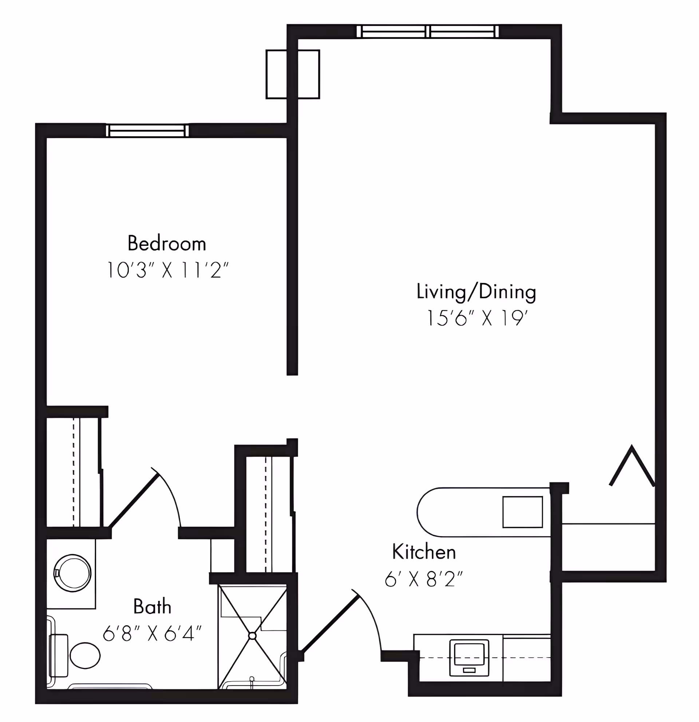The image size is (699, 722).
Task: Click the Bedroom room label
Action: [167, 243]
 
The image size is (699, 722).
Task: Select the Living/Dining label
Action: [476, 292]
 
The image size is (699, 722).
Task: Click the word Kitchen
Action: [424, 552]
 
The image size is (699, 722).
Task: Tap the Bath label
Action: [152, 606]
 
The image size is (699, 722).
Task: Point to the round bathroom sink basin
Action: [72, 574]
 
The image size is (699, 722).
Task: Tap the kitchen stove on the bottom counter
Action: [469, 658]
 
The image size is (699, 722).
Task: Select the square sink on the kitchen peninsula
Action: [523, 512]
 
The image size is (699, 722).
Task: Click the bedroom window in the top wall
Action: [147, 131]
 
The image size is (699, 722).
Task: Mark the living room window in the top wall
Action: [428, 31]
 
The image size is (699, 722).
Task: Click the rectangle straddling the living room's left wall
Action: [293, 75]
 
